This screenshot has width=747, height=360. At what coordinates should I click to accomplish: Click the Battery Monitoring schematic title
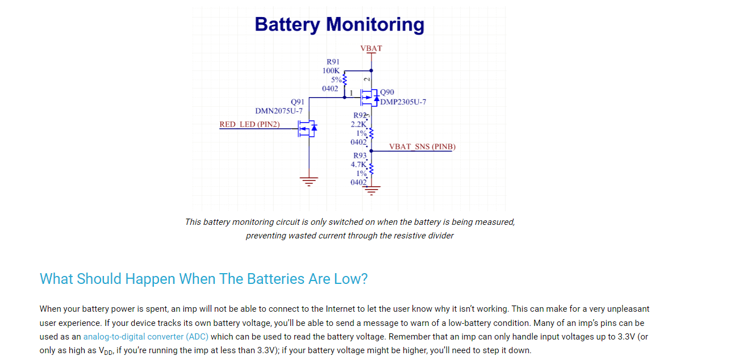[340, 24]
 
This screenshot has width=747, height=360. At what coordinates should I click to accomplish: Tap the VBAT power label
[371, 48]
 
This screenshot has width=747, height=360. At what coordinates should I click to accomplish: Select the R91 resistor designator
[333, 62]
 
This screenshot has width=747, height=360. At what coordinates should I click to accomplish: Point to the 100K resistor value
[331, 70]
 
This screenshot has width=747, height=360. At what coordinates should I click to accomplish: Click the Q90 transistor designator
[387, 92]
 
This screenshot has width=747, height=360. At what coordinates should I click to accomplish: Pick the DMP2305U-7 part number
[403, 102]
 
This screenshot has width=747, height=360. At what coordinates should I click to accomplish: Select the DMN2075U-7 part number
[279, 111]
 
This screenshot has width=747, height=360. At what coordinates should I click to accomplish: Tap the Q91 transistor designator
[298, 102]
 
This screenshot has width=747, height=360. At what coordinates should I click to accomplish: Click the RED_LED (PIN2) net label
[249, 124]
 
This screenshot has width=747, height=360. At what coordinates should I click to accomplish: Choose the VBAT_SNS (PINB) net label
[422, 146]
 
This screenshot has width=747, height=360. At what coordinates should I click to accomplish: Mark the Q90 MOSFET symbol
[370, 98]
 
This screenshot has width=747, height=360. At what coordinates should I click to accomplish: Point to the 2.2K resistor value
[358, 124]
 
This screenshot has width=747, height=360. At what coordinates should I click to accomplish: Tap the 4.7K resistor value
[358, 164]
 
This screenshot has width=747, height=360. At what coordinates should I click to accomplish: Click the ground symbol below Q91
[309, 182]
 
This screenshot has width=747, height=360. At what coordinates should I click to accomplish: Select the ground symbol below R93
[371, 191]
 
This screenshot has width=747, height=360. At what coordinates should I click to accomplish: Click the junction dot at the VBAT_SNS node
[371, 151]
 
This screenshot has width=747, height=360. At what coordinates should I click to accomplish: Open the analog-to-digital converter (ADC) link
[146, 337]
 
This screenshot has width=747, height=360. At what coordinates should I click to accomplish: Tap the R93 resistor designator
[360, 156]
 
